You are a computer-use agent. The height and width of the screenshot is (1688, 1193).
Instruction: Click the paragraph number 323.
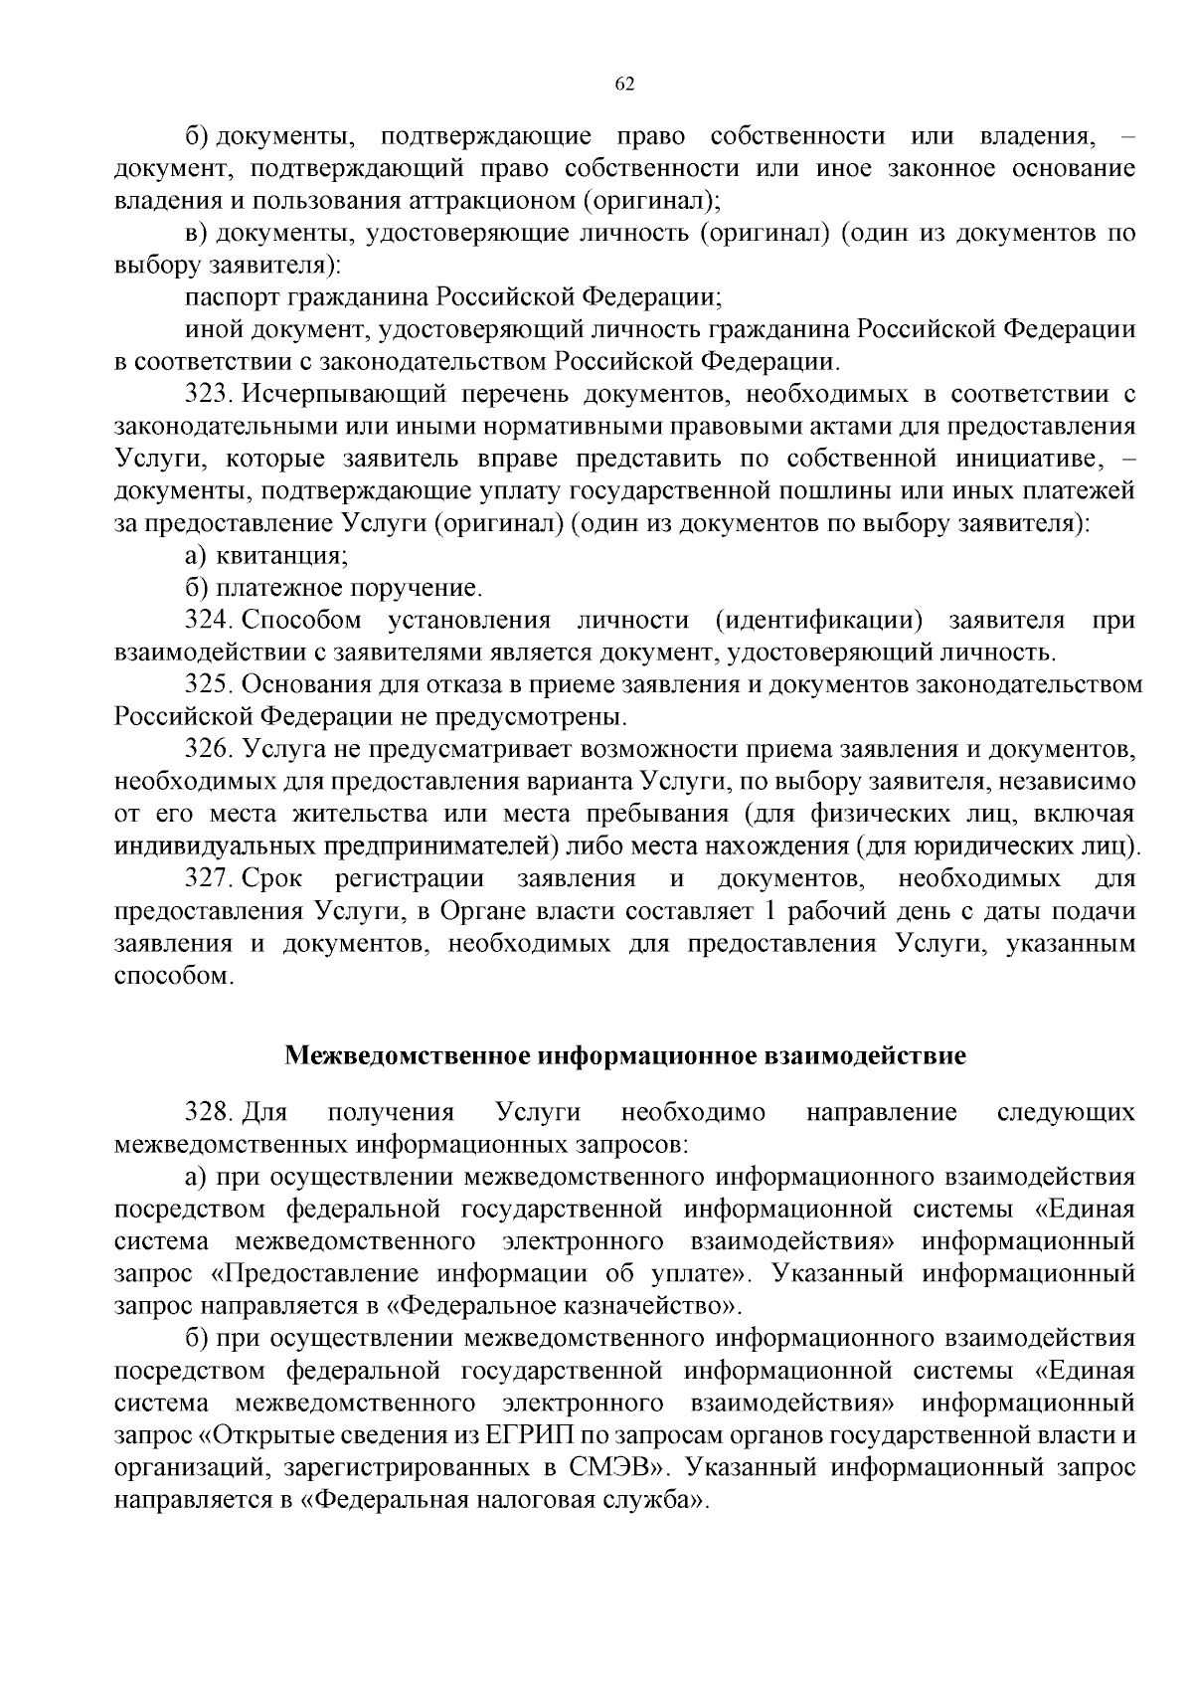(208, 394)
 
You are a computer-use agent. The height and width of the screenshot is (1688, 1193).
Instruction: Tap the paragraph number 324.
(208, 621)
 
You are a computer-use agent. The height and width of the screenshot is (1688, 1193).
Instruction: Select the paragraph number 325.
(208, 685)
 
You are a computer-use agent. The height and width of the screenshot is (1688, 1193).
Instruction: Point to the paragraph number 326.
(208, 750)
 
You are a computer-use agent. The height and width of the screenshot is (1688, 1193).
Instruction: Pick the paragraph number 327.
(208, 879)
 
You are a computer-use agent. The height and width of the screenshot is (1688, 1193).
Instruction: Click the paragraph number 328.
(208, 1112)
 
